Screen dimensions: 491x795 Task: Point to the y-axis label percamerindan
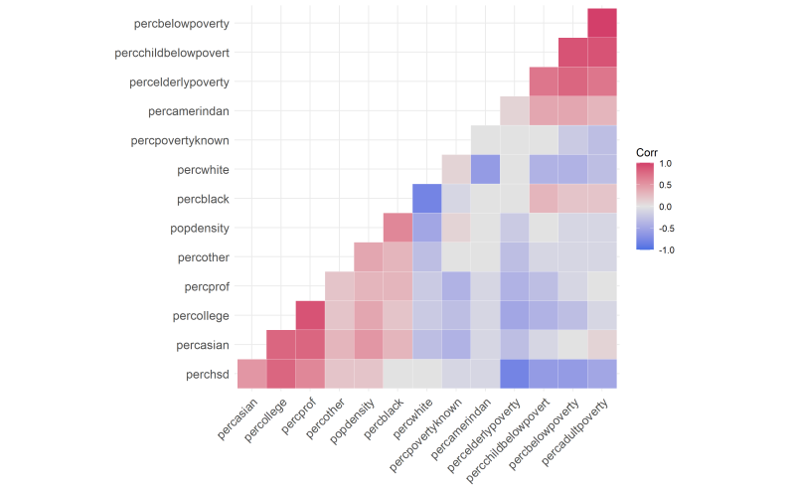[188, 110]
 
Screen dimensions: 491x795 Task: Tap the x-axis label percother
[319, 420]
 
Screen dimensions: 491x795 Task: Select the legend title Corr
[648, 152]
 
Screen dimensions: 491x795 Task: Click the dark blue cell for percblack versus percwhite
[426, 198]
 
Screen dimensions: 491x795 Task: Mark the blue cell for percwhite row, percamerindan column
[485, 169]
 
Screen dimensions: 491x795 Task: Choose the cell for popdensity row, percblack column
[397, 228]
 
